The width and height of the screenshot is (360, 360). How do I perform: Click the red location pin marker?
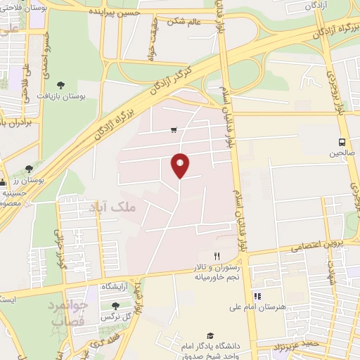(x=180, y=165)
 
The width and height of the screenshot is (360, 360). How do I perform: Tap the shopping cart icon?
(x=174, y=130)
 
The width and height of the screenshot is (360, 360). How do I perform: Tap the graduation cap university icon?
(x=209, y=337)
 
